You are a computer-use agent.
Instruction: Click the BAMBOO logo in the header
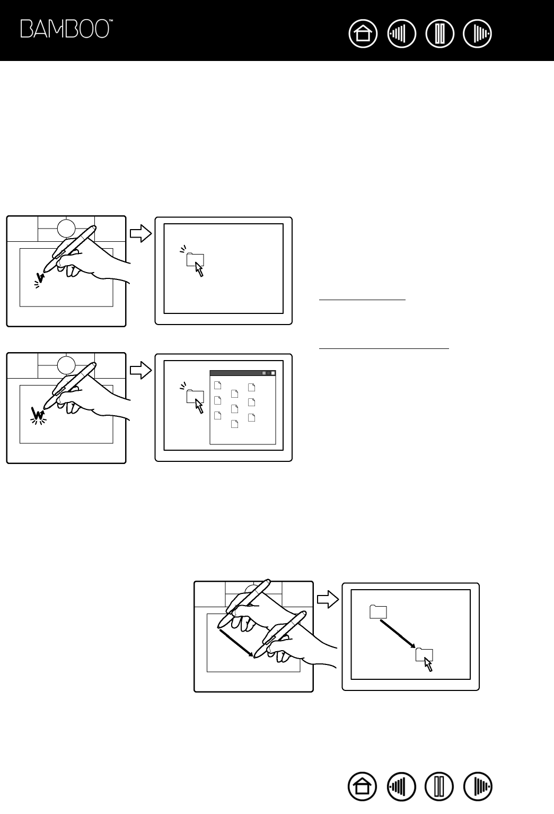pyautogui.click(x=66, y=29)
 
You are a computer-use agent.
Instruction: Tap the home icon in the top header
pyautogui.click(x=363, y=34)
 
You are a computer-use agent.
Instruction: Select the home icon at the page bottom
pyautogui.click(x=363, y=786)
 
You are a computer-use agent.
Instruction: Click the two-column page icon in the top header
pyautogui.click(x=439, y=34)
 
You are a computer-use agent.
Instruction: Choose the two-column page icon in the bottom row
pyautogui.click(x=439, y=786)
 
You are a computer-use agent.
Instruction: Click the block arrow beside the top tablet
pyautogui.click(x=140, y=234)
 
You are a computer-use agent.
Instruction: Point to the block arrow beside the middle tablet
pyautogui.click(x=140, y=371)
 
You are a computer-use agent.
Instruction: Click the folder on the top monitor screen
pyautogui.click(x=195, y=259)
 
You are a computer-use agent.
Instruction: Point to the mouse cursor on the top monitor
pyautogui.click(x=199, y=270)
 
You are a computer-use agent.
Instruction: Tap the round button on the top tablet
pyautogui.click(x=66, y=227)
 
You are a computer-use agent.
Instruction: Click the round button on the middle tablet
pyautogui.click(x=66, y=364)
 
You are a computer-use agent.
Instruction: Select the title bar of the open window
pyautogui.click(x=243, y=373)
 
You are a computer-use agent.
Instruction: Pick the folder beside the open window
pyautogui.click(x=195, y=396)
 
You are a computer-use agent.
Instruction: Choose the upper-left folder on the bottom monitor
pyautogui.click(x=378, y=611)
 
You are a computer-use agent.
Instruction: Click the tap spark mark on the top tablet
pyautogui.click(x=39, y=279)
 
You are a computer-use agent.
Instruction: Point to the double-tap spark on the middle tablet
pyautogui.click(x=38, y=415)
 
